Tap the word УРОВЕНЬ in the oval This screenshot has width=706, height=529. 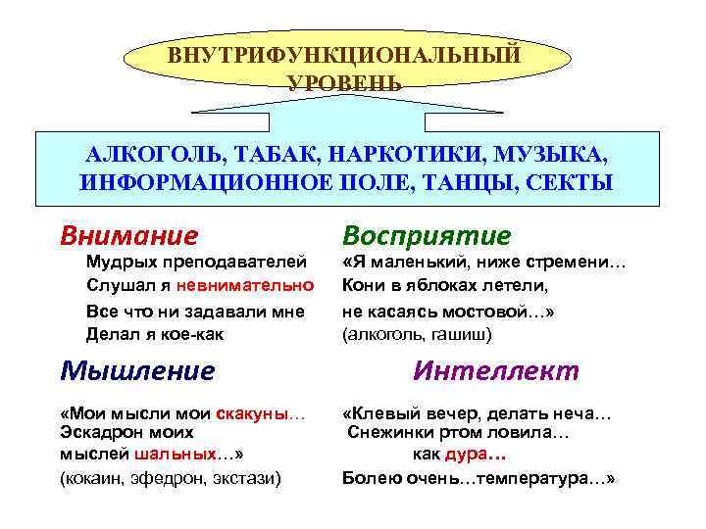[344, 81]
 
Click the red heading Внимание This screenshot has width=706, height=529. [128, 235]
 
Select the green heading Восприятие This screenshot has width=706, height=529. [427, 235]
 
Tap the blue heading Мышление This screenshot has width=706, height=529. [136, 370]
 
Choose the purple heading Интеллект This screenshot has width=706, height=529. [496, 370]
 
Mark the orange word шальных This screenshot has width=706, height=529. [171, 455]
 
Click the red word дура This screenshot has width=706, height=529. [461, 455]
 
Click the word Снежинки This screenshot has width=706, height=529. [383, 432]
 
